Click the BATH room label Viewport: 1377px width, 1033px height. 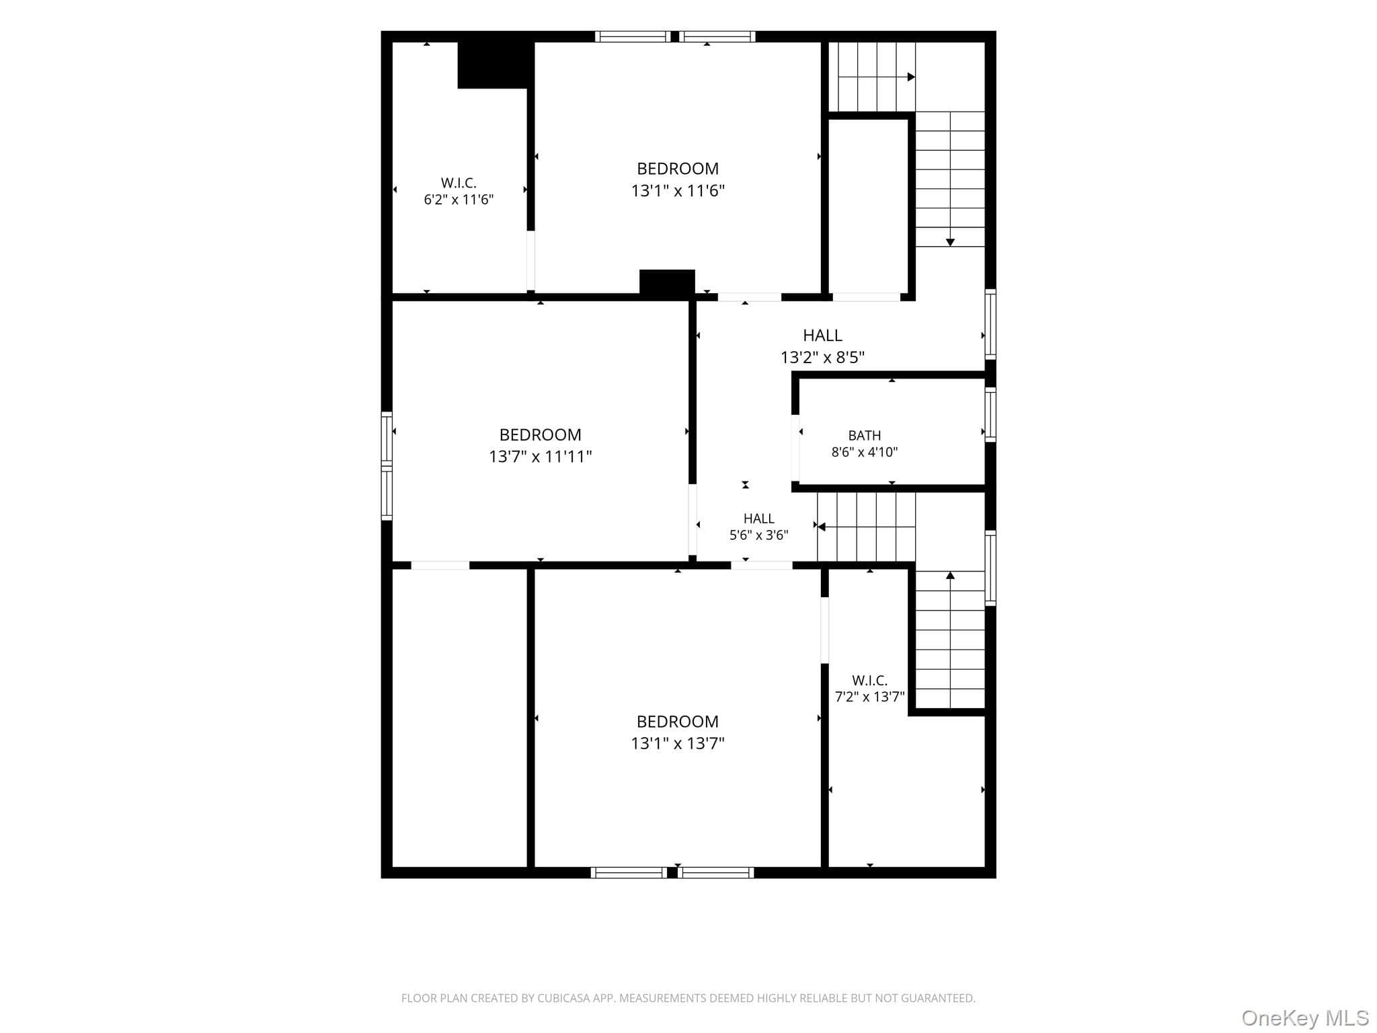click(864, 435)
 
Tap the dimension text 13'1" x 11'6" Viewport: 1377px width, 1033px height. click(678, 191)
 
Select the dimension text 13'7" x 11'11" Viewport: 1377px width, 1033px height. click(540, 457)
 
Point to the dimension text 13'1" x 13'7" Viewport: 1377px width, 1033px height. click(678, 743)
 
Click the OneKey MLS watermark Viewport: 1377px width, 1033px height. click(1305, 1018)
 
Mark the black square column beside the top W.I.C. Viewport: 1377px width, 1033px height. click(496, 65)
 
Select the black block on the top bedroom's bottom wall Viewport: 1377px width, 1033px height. click(667, 282)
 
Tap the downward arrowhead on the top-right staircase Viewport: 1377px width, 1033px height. click(950, 242)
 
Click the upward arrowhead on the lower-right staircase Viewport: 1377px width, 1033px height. click(950, 575)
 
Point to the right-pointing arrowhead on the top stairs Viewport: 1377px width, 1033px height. click(911, 77)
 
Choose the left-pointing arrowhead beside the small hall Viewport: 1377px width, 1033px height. click(821, 527)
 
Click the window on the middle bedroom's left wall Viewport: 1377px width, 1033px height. click(387, 465)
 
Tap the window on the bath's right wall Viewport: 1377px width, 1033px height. click(990, 414)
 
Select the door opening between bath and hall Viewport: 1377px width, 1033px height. click(795, 449)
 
